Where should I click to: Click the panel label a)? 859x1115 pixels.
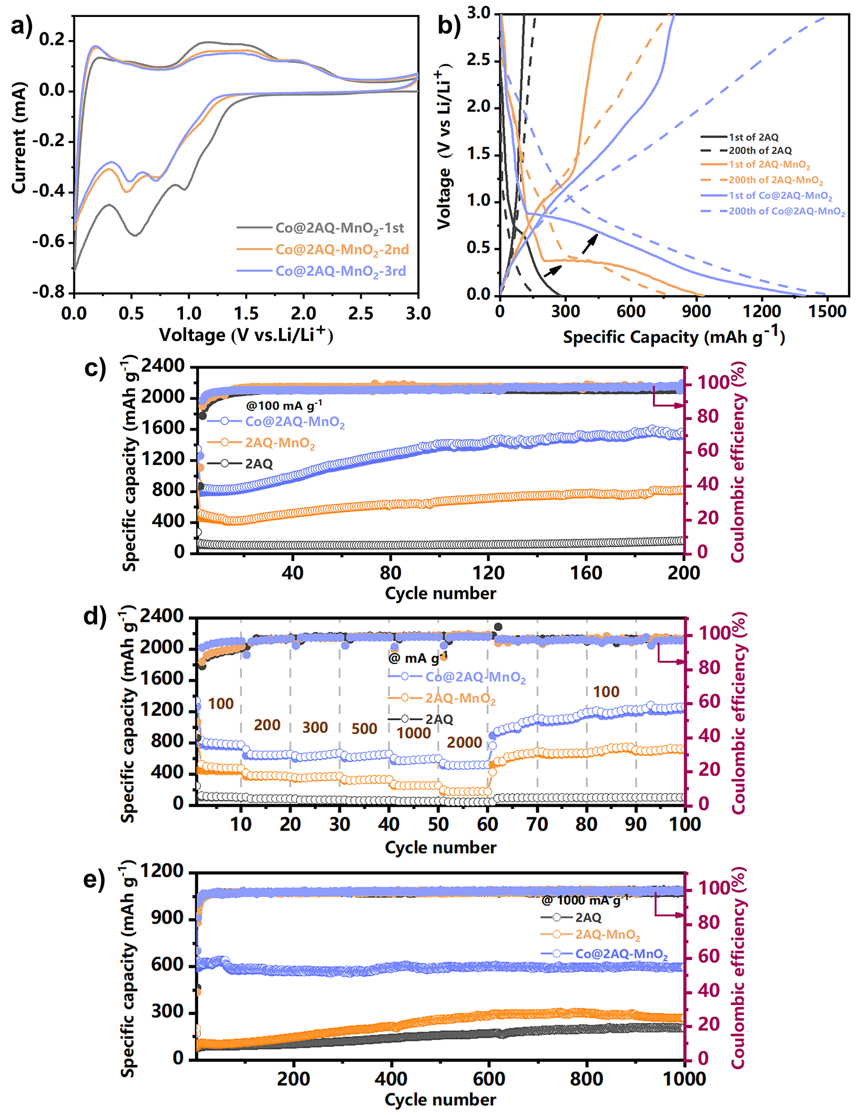[x=21, y=26]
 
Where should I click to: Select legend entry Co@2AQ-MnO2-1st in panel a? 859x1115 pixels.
[x=340, y=228]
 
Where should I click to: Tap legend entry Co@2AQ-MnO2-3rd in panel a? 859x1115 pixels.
[x=341, y=271]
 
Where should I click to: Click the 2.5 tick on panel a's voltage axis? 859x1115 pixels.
[x=361, y=313]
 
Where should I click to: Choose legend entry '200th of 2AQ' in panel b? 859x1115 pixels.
[x=760, y=151]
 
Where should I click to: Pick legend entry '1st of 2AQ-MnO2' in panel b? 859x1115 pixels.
[x=769, y=165]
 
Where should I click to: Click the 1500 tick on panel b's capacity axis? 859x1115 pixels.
[x=827, y=311]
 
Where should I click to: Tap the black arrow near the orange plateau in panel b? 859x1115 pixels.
[x=552, y=271]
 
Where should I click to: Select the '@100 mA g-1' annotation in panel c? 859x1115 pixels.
[x=284, y=405]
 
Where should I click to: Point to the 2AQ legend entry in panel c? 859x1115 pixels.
[x=258, y=464]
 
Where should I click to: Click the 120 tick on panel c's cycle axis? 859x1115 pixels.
[x=488, y=573]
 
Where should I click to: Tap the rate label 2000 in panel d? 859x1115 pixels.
[x=464, y=742]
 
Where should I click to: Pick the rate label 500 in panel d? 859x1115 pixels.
[x=364, y=729]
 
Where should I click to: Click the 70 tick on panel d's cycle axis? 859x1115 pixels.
[x=537, y=824]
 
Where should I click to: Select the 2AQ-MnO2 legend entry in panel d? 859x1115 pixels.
[x=460, y=699]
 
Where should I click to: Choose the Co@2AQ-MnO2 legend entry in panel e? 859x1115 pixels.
[x=621, y=954]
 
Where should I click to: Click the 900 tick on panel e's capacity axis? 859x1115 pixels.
[x=168, y=918]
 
